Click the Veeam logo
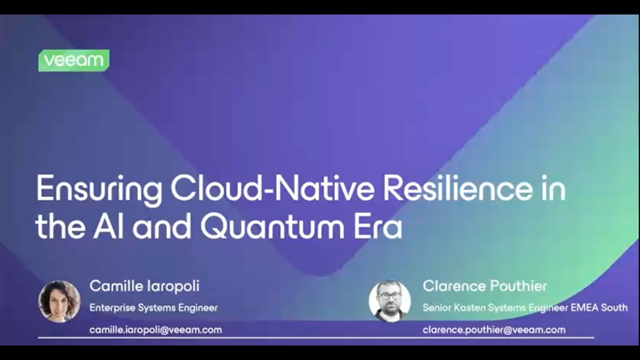click(x=73, y=60)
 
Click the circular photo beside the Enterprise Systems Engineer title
click(x=59, y=301)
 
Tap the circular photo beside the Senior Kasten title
click(x=389, y=301)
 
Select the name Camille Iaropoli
click(x=144, y=286)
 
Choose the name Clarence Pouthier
click(x=484, y=286)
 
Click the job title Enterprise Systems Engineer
click(x=153, y=307)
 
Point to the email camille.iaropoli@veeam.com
click(x=155, y=330)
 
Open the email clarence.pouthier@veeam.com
click(x=494, y=330)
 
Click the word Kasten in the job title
click(x=472, y=307)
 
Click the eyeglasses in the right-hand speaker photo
click(x=389, y=295)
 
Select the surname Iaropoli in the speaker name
click(x=172, y=286)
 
